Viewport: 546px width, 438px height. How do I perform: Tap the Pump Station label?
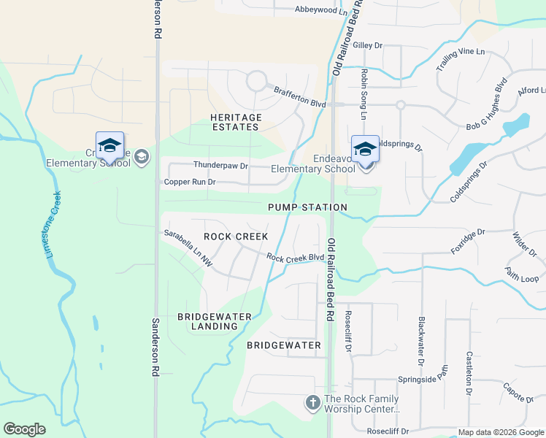click(307, 207)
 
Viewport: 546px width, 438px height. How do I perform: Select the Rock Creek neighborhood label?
click(236, 237)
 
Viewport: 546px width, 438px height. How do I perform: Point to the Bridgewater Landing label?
click(215, 321)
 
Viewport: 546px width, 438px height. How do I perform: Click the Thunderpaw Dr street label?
click(220, 165)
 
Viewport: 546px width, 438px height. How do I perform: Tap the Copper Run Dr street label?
click(190, 182)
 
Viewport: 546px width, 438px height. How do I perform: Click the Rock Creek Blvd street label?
click(295, 258)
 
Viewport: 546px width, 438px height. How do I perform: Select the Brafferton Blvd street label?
click(299, 97)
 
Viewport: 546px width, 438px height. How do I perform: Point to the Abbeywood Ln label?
click(321, 10)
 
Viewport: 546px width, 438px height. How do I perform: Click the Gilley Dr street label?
click(367, 45)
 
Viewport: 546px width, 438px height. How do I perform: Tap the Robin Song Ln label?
click(363, 94)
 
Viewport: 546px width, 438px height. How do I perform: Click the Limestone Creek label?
click(51, 223)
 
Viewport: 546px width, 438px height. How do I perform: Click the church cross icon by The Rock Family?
click(312, 402)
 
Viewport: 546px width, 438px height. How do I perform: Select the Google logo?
click(25, 429)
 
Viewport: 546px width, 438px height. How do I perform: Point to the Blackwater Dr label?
click(421, 342)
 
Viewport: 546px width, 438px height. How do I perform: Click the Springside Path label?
click(421, 380)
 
